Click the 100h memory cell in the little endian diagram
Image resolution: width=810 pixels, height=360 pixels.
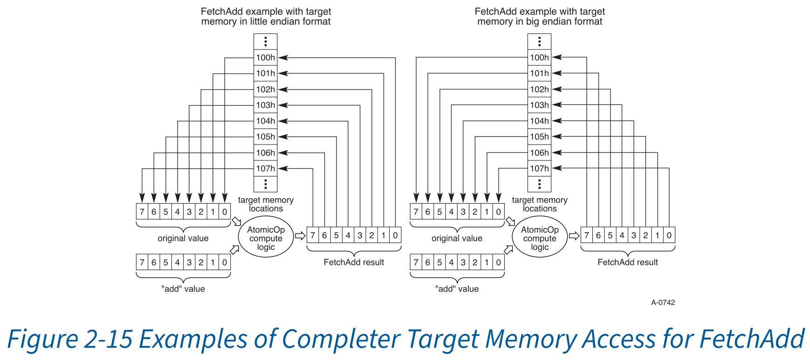pyautogui.click(x=265, y=58)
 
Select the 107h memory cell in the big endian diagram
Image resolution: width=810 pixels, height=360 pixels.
pyautogui.click(x=539, y=168)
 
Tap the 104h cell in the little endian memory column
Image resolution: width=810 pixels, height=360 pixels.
pyautogui.click(x=265, y=121)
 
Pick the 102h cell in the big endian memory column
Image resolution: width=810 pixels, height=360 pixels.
pyautogui.click(x=539, y=90)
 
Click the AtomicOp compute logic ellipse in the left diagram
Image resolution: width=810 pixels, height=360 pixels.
pyautogui.click(x=266, y=238)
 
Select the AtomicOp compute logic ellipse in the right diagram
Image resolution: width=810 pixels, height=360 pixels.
pyautogui.click(x=540, y=238)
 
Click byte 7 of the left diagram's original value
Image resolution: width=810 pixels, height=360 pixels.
pyautogui.click(x=142, y=212)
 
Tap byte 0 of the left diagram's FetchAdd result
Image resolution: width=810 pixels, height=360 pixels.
pyautogui.click(x=395, y=235)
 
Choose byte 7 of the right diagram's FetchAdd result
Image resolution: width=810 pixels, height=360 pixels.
pyautogui.click(x=587, y=235)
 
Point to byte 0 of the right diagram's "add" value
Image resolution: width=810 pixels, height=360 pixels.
pyautogui.click(x=498, y=263)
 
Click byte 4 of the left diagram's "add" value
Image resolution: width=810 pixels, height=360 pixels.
pyautogui.click(x=178, y=263)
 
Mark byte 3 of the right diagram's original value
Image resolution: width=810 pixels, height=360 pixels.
pyautogui.click(x=463, y=212)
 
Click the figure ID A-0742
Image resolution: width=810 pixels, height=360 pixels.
pyautogui.click(x=663, y=302)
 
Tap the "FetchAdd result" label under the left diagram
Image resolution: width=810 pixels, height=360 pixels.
pyautogui.click(x=354, y=263)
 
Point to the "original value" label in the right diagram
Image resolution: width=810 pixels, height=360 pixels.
pyautogui.click(x=457, y=238)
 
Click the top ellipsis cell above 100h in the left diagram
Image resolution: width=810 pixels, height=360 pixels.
pyautogui.click(x=265, y=42)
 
